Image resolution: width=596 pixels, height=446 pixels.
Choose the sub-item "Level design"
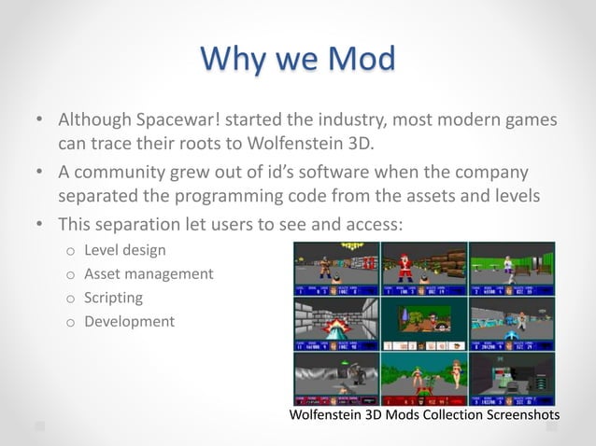pos(125,250)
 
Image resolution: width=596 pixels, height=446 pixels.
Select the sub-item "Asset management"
pos(149,273)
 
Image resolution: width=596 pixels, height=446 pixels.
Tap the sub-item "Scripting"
pos(113,298)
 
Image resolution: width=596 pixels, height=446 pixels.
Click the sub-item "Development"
pos(129,321)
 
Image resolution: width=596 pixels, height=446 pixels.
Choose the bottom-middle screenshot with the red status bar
pos(424,376)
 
